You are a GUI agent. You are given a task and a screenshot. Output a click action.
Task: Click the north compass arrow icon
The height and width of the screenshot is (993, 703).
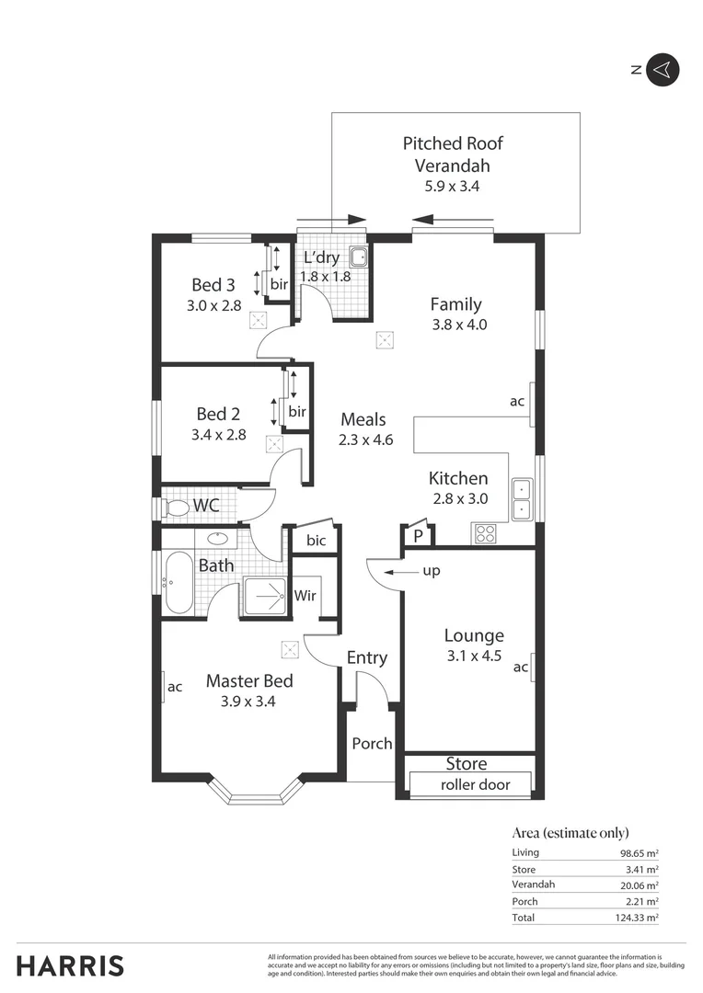point(663,70)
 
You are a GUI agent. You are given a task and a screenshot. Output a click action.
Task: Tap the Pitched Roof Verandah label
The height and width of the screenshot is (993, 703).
point(453,154)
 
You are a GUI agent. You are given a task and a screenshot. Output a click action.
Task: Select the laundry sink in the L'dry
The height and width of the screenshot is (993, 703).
point(360,257)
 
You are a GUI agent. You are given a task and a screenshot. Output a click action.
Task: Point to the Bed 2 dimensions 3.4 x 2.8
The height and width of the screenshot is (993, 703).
point(219,435)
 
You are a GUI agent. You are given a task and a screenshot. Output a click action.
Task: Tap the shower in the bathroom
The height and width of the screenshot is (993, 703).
point(265,597)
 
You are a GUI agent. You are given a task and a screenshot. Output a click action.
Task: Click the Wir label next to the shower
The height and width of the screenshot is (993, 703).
point(305,596)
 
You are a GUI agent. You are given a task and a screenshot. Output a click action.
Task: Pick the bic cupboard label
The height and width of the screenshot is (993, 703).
point(316,541)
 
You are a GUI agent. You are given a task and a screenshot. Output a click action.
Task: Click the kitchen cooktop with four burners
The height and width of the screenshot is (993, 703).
point(485,533)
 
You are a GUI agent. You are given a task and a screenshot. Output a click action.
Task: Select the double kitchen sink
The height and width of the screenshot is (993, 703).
point(522,499)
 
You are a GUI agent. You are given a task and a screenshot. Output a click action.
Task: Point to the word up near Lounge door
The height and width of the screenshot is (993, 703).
point(431,571)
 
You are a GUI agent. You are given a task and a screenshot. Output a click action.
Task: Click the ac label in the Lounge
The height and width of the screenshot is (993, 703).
point(521,668)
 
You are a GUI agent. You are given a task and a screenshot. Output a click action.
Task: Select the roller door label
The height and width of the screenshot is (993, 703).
point(474,784)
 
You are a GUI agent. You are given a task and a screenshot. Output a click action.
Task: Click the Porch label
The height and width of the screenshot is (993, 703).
point(372,743)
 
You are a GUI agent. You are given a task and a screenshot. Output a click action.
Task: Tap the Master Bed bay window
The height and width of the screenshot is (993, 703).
point(256,793)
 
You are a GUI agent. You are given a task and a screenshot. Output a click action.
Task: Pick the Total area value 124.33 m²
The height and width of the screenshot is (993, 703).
point(639,918)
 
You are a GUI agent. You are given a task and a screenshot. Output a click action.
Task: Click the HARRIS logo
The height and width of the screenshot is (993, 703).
point(70,966)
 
